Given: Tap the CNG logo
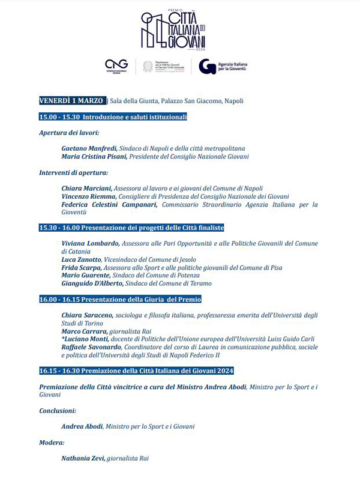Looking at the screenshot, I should tap(116, 66).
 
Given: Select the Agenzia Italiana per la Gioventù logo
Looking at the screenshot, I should tap(223, 66).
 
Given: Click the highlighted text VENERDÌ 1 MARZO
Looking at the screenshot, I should tap(72, 100).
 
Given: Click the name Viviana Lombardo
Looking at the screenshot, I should tap(90, 243).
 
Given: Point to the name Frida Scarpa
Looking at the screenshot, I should tap(82, 267).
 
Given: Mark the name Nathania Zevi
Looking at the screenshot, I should tap(83, 458).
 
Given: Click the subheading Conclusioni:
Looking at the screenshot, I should tap(58, 411).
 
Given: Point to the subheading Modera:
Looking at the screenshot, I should tap(52, 443).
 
